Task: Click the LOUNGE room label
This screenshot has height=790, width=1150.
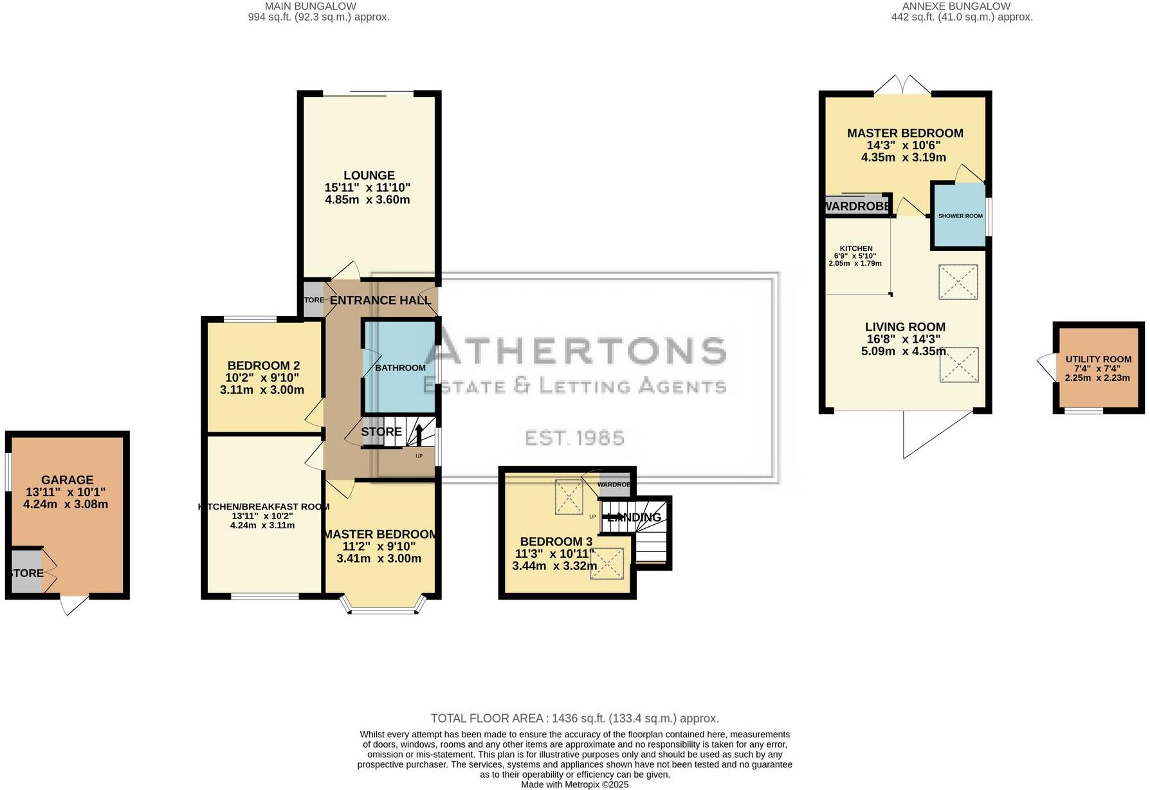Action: (x=369, y=175)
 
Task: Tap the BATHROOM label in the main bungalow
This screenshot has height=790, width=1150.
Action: (x=400, y=367)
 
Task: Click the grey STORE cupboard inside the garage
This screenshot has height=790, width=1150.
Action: (x=26, y=571)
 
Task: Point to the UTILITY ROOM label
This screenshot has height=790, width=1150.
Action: (x=1098, y=360)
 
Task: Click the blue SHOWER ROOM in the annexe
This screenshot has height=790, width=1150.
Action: (x=960, y=216)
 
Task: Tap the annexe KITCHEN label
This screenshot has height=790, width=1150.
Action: (x=855, y=248)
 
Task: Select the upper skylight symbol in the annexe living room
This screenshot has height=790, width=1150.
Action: (x=958, y=282)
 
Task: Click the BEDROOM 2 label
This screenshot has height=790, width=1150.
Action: (x=263, y=365)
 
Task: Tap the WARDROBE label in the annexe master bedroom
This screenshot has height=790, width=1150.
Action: (x=857, y=207)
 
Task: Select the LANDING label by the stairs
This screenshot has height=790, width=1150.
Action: (x=635, y=517)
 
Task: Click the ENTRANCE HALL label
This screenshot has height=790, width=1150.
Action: (x=380, y=300)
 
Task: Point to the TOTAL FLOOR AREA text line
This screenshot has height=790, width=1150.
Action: (x=574, y=718)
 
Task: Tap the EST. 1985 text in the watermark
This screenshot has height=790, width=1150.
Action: (x=574, y=438)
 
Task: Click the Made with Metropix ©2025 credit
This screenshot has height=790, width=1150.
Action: (x=574, y=784)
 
